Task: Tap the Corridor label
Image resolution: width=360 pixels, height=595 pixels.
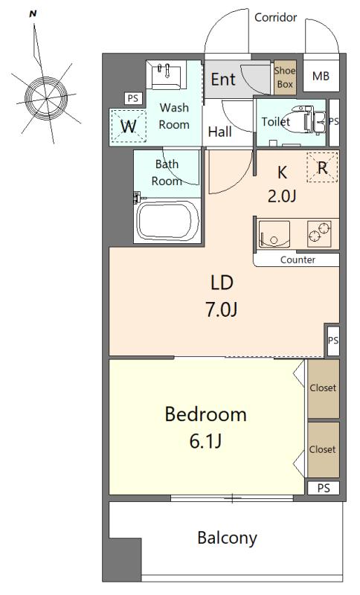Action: click(x=276, y=17)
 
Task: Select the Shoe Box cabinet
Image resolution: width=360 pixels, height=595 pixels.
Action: click(x=285, y=77)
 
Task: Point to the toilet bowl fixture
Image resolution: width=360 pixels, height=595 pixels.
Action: click(x=300, y=120)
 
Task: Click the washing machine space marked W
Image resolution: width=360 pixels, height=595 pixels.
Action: click(x=128, y=126)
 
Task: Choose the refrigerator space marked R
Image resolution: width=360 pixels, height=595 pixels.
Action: click(x=322, y=167)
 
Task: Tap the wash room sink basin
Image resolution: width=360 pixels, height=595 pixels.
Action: click(x=167, y=75)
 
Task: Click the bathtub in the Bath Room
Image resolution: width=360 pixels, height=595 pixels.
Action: click(x=168, y=220)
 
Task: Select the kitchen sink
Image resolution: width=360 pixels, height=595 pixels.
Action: click(x=274, y=234)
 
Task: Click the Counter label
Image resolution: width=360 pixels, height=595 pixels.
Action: click(x=298, y=260)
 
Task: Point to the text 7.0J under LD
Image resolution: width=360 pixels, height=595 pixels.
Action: click(x=222, y=309)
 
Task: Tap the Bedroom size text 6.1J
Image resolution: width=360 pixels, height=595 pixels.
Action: click(x=205, y=441)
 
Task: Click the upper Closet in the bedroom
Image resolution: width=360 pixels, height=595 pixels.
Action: click(x=324, y=388)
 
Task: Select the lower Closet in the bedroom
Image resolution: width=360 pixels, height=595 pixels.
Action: click(x=324, y=450)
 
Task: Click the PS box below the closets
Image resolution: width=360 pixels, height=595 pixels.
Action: click(x=324, y=488)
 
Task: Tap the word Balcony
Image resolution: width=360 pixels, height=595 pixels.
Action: click(x=227, y=538)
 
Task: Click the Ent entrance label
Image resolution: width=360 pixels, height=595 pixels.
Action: click(x=223, y=80)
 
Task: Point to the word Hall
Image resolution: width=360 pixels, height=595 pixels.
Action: click(x=220, y=132)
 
